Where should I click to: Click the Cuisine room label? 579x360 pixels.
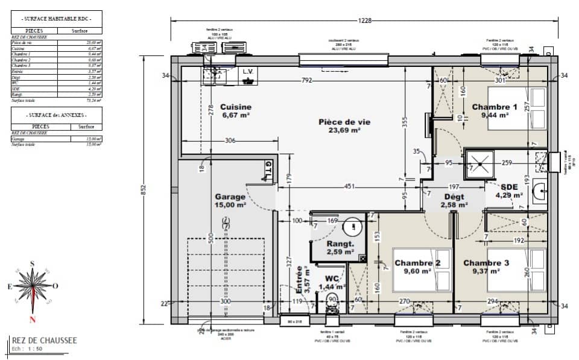(235, 107)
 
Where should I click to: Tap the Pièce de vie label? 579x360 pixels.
(344, 122)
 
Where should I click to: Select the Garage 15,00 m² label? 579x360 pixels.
(230, 197)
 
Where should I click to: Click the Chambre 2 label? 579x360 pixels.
(414, 263)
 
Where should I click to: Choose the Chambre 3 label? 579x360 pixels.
(486, 263)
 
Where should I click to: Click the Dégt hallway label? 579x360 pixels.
(456, 197)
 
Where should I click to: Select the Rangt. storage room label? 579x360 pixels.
(340, 244)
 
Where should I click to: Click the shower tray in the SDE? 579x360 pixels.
(479, 162)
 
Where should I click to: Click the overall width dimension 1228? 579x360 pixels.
(364, 21)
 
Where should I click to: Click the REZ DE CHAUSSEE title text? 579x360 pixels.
(45, 341)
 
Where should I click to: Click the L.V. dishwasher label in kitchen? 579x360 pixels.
(248, 71)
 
